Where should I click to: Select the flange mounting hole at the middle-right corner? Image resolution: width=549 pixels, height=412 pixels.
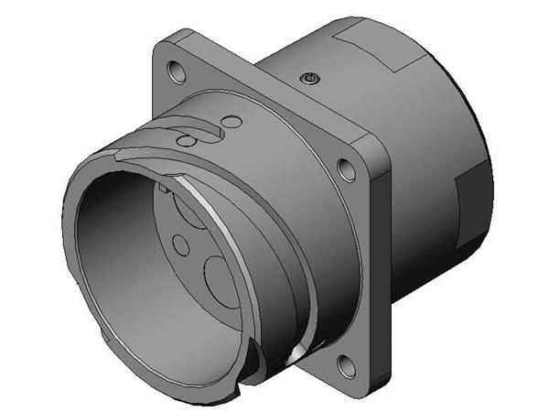[x=345, y=168]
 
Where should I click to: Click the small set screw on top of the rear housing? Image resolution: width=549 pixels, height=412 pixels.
[x=310, y=79]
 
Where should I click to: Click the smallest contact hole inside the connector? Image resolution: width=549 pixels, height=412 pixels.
[x=181, y=244]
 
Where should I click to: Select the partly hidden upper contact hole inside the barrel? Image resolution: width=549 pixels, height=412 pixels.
[x=192, y=207]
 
